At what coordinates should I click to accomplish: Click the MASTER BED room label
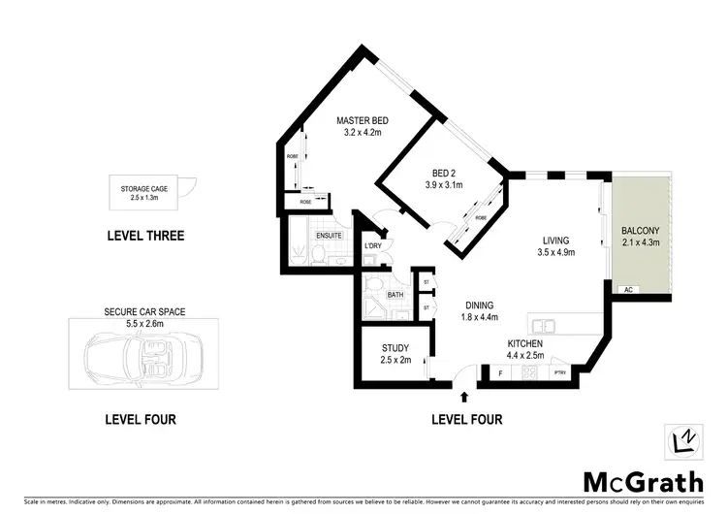click(362, 121)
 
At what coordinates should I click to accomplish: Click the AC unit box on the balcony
click(628, 290)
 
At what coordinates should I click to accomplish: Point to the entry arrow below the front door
click(464, 397)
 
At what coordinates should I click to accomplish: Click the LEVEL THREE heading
click(143, 236)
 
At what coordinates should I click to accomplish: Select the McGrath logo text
click(630, 481)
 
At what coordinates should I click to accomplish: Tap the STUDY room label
click(395, 348)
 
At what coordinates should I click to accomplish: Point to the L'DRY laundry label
click(373, 245)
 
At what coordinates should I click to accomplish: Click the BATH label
click(395, 294)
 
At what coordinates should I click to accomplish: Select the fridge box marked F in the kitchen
click(500, 372)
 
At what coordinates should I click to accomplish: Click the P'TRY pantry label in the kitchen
click(558, 372)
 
